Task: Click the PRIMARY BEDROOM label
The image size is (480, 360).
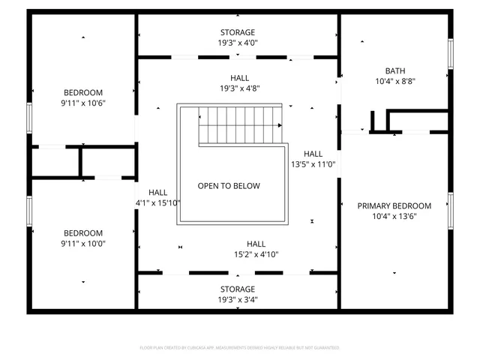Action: [394, 205]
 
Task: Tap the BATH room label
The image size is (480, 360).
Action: [394, 70]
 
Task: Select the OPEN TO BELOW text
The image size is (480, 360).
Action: [229, 186]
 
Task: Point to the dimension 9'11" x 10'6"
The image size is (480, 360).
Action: [82, 103]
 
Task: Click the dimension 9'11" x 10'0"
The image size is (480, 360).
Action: [82, 243]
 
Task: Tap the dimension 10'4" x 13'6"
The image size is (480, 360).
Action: [394, 216]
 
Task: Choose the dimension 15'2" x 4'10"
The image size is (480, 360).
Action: [256, 254]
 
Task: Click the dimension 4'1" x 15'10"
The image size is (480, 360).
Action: [157, 202]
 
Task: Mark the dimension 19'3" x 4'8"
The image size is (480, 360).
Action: [240, 88]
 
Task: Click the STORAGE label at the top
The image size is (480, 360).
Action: [237, 32]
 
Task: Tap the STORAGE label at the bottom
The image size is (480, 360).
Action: [237, 289]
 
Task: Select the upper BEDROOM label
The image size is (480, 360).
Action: [82, 92]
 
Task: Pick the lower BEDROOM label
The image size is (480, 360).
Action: [82, 232]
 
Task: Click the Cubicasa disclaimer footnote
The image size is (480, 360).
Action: [240, 348]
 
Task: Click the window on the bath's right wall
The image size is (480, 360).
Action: [451, 54]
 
